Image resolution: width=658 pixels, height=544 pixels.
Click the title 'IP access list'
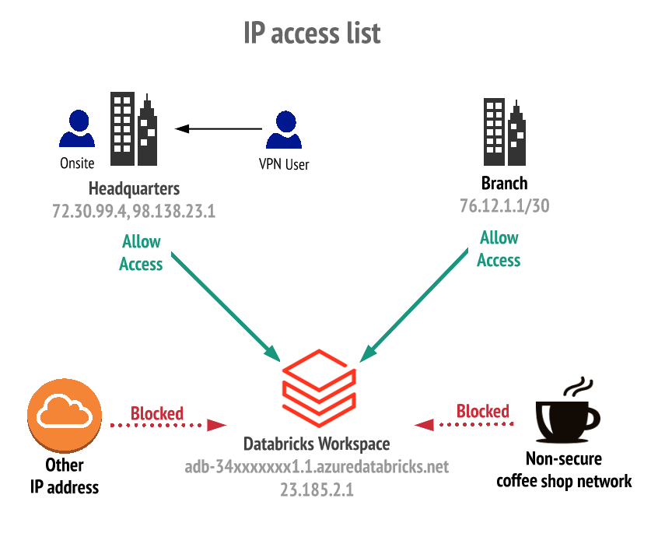(312, 34)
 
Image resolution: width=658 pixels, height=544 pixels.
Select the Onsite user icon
(77, 129)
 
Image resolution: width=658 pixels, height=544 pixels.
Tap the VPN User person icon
(283, 130)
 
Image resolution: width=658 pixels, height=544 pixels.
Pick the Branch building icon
(504, 132)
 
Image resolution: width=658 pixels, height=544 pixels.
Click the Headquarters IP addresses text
(134, 212)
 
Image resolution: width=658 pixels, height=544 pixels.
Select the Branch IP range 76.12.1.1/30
(504, 206)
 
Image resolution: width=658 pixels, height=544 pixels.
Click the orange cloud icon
(65, 417)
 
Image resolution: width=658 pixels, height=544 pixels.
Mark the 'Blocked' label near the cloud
(157, 412)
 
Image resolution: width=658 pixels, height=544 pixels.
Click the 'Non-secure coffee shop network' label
(564, 469)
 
